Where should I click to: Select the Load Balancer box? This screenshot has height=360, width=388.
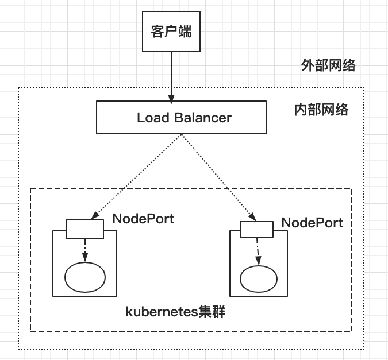(180, 118)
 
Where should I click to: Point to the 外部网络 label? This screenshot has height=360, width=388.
(328, 65)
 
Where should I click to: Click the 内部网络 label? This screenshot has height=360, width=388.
(318, 110)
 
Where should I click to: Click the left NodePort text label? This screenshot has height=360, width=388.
(143, 219)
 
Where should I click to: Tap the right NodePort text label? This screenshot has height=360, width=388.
(312, 223)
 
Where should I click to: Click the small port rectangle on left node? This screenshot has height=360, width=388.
(84, 229)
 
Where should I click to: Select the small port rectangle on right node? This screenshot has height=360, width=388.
(256, 229)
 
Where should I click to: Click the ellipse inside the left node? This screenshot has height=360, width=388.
(85, 278)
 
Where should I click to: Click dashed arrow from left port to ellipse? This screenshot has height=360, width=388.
(85, 250)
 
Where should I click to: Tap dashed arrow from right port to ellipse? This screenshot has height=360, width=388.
(257, 250)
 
